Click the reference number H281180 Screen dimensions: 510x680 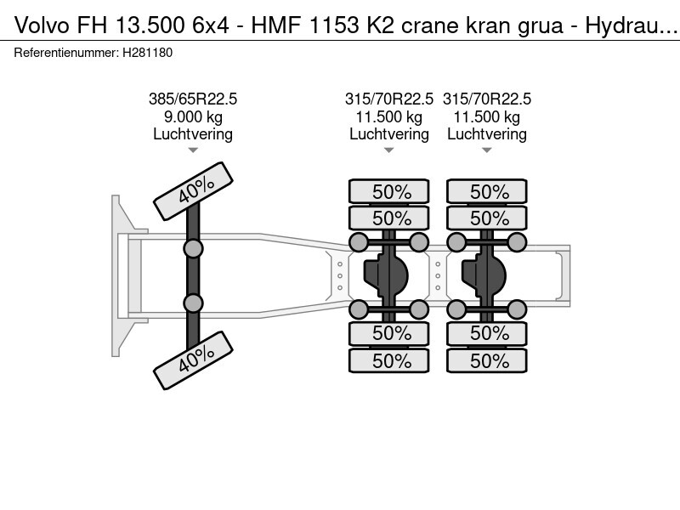click(149, 53)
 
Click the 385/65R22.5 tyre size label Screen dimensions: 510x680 click(193, 99)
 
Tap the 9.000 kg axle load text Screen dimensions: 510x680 click(193, 116)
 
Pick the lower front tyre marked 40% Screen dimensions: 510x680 click(193, 360)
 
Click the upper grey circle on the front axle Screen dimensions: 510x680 click(193, 248)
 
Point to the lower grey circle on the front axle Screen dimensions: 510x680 click(193, 303)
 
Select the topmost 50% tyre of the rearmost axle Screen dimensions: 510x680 click(488, 191)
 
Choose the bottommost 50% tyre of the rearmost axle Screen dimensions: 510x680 click(488, 360)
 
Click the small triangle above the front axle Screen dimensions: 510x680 click(193, 150)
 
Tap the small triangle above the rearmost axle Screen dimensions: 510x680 click(487, 150)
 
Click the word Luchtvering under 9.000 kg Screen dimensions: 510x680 click(193, 134)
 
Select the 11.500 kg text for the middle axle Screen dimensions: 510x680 click(389, 116)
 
